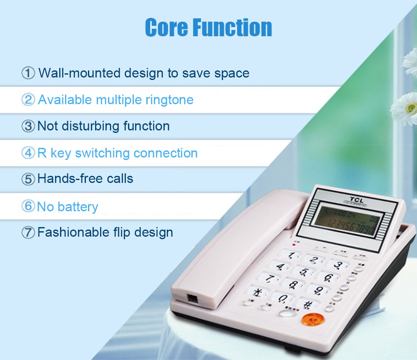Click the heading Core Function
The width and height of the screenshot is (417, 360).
208,27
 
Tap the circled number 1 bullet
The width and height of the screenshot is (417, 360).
28,73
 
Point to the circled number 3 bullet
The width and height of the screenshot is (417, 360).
28,126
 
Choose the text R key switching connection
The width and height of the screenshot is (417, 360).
117,153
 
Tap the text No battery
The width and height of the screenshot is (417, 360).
68,207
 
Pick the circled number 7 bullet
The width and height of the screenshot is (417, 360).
28,232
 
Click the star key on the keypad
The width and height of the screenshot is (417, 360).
257,292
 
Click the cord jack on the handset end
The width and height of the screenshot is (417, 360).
192,299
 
